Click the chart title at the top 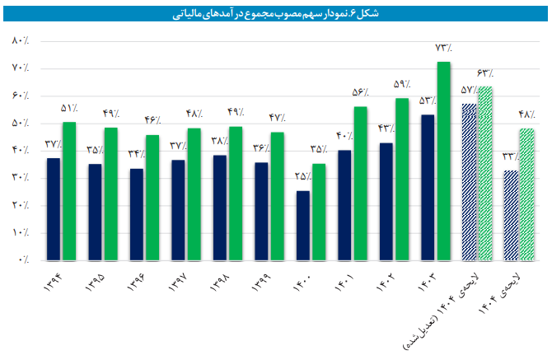[x=276, y=12]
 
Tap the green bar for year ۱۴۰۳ [x=443, y=161]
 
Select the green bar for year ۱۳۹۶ [x=152, y=197]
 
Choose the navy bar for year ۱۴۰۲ [x=386, y=201]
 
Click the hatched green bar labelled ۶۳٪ [x=485, y=173]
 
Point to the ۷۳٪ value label [x=444, y=47]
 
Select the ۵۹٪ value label [x=402, y=84]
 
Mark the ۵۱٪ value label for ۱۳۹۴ [x=69, y=108]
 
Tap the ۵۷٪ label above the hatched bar [x=468, y=89]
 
